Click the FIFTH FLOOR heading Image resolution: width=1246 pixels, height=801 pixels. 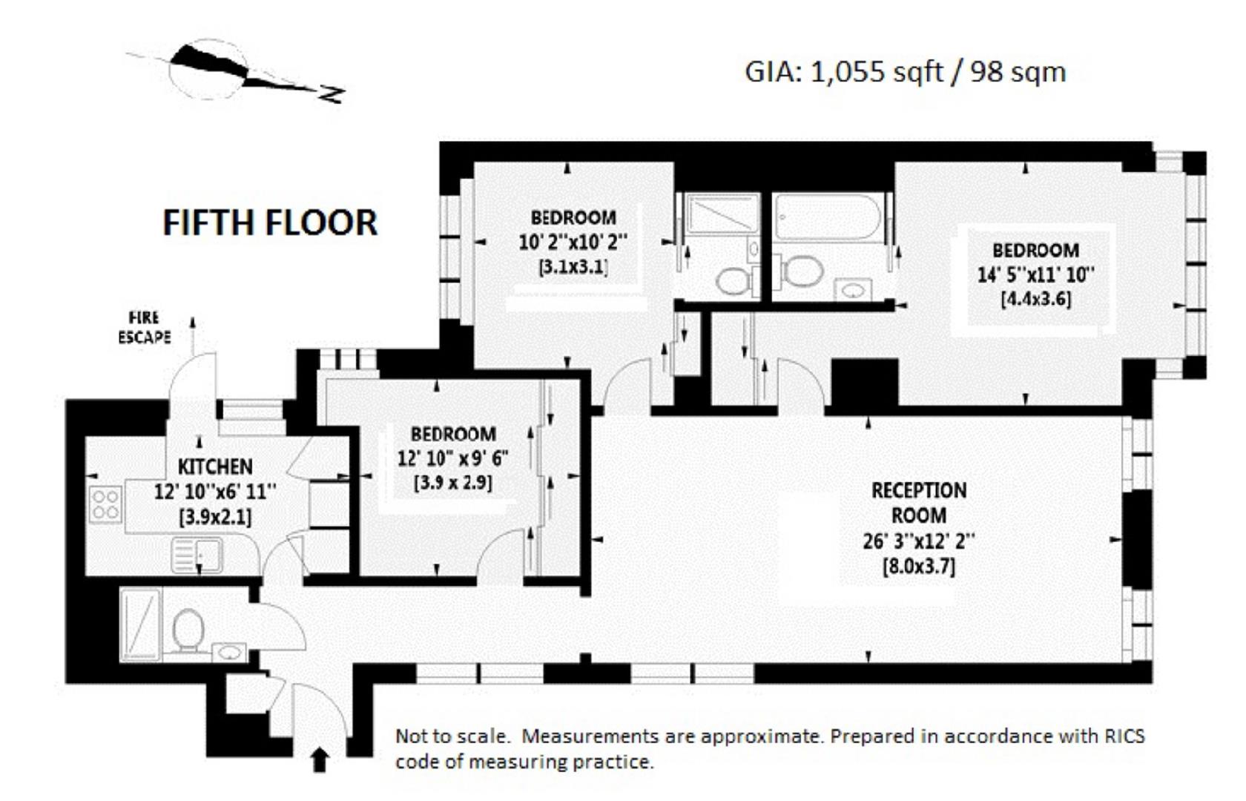point(270,222)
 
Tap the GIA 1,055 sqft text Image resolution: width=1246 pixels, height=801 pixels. point(905,72)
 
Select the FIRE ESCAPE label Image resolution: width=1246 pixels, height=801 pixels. point(144,327)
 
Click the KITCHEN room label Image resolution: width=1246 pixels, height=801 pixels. point(215,467)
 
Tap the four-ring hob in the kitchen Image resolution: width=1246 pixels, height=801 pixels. point(105,504)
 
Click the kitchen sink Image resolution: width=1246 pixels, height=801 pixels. point(197,556)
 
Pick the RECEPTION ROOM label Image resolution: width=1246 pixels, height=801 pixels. point(918,503)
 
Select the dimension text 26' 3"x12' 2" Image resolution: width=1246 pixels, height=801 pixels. point(918,541)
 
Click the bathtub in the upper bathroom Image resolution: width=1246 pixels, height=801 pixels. point(828,217)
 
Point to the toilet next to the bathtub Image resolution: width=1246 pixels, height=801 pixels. point(802,271)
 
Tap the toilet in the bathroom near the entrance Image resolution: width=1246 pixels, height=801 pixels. point(188,630)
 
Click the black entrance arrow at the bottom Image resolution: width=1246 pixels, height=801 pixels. point(320,759)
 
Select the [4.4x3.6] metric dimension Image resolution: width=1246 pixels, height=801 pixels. point(1035,299)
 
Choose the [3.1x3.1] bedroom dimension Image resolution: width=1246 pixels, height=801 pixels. point(573,267)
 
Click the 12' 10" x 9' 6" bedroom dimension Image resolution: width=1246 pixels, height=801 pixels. point(452,458)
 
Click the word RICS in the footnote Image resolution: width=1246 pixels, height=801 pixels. point(1124,736)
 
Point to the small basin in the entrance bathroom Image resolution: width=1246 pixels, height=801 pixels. point(230,653)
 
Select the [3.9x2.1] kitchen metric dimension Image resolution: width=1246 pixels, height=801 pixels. point(215,517)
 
